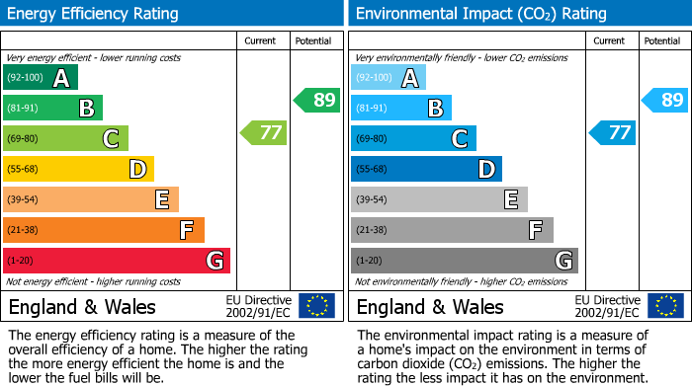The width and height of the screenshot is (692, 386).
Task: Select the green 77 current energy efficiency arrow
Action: tap(265, 132)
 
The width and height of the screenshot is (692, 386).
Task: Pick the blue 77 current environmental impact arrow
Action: tap(613, 132)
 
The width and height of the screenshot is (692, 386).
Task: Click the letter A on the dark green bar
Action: tap(61, 78)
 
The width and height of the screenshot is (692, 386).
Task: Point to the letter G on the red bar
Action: tap(214, 261)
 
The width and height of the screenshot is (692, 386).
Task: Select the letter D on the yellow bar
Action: tap(137, 170)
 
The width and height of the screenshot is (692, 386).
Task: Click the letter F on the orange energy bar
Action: tap(186, 231)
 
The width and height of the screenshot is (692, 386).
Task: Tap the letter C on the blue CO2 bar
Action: tap(460, 139)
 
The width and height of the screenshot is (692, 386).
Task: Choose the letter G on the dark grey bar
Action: tap(563, 261)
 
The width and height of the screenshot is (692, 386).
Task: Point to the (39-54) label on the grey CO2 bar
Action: tap(374, 200)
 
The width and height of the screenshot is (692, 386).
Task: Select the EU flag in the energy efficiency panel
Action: tap(316, 306)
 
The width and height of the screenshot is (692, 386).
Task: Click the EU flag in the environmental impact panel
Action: tap(665, 306)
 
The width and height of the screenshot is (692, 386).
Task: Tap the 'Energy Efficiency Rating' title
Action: tap(94, 14)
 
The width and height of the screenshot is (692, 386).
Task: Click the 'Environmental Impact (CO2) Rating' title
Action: tap(480, 14)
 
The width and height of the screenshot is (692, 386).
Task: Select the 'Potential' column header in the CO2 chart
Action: tap(662, 41)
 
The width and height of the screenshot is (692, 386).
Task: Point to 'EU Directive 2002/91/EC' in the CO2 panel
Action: tap(607, 306)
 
